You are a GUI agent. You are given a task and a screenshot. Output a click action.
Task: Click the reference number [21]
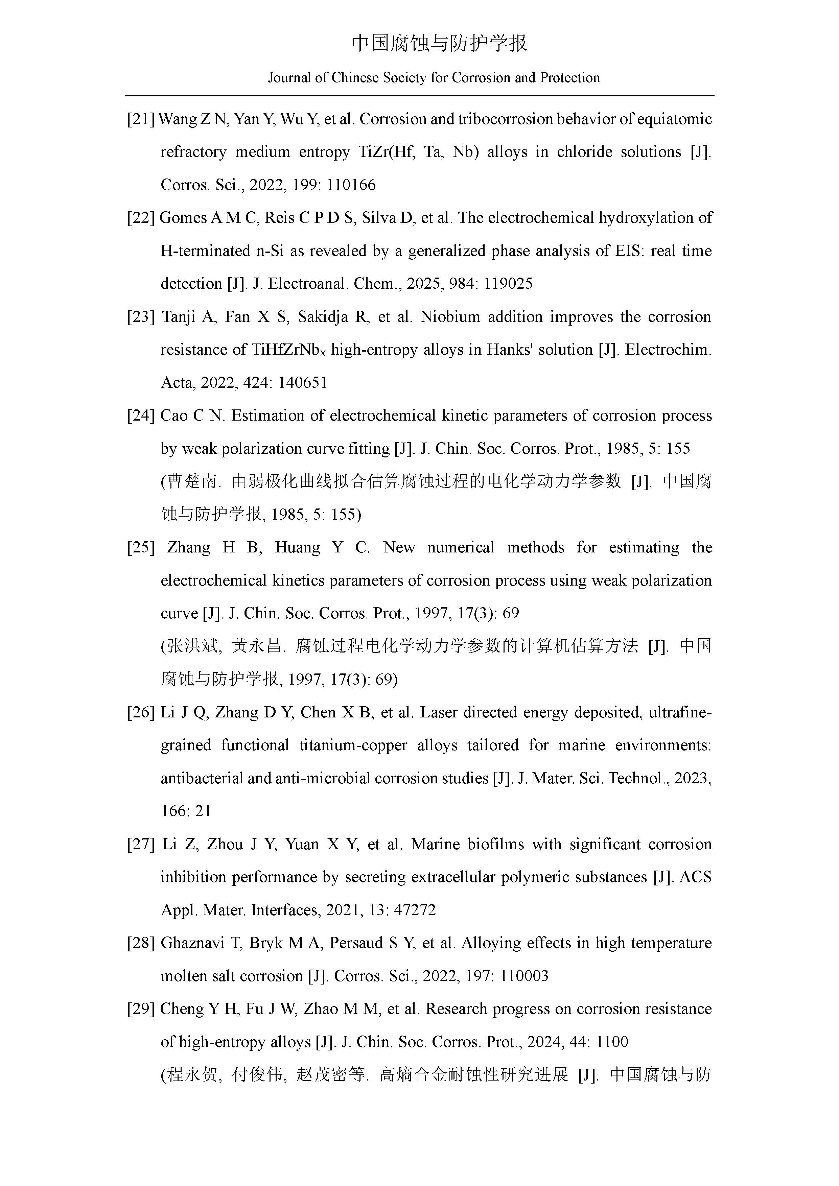pyautogui.click(x=141, y=119)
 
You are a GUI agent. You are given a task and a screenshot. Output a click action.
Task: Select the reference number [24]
pyautogui.click(x=141, y=416)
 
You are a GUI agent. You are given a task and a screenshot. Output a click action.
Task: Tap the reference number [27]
pyautogui.click(x=141, y=844)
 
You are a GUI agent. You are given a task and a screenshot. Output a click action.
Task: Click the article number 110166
pyautogui.click(x=351, y=185)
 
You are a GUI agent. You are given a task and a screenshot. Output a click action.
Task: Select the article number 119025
pyautogui.click(x=508, y=284)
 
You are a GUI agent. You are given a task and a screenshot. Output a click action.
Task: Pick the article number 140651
pyautogui.click(x=303, y=383)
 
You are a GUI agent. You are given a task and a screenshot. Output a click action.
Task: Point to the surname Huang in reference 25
pyautogui.click(x=298, y=548)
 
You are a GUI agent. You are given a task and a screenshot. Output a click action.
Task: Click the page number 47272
pyautogui.click(x=415, y=910)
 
